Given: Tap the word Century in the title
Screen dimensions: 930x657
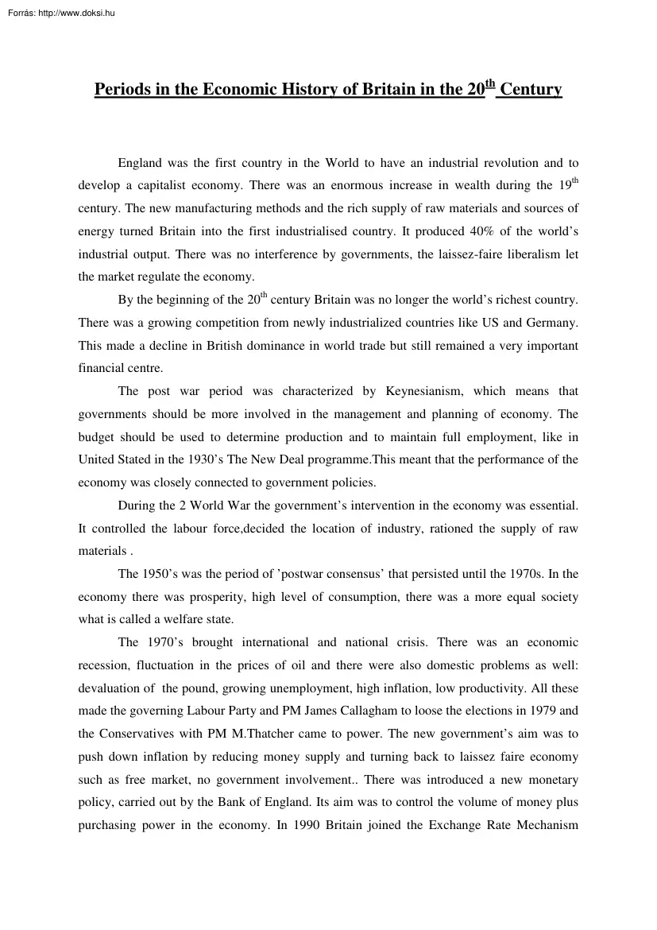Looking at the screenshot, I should [531, 90].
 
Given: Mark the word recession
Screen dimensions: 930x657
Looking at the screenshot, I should [103, 666].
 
